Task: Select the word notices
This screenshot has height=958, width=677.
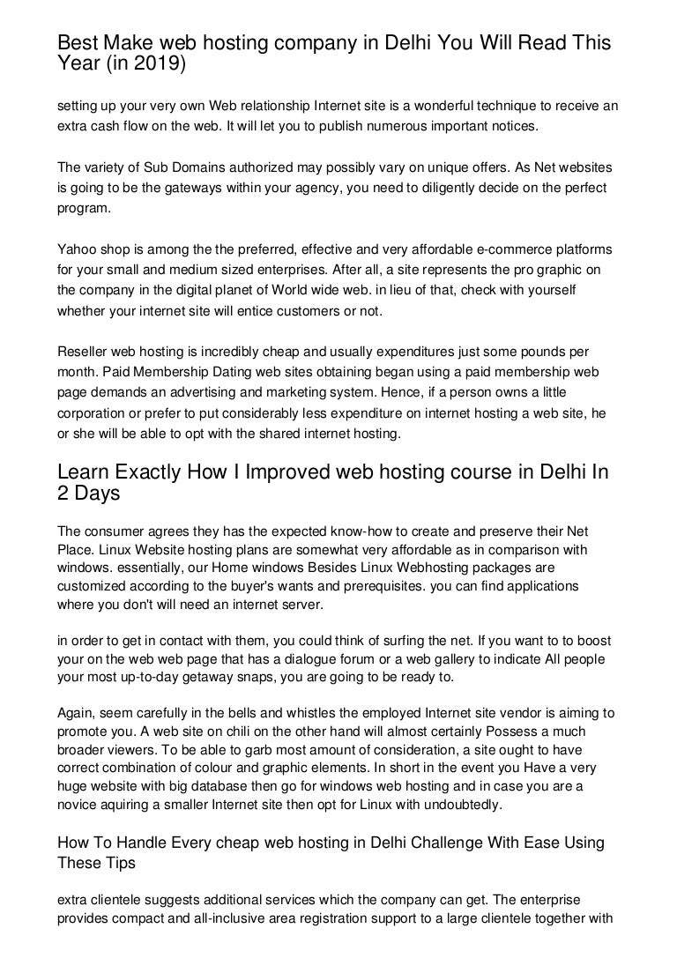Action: (511, 125)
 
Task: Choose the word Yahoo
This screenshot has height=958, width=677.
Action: (76, 250)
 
